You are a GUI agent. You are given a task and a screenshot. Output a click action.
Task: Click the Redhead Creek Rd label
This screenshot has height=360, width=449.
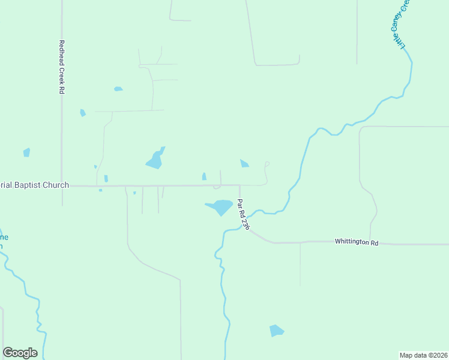click(x=61, y=67)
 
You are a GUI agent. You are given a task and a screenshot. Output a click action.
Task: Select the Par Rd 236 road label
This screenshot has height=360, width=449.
click(x=243, y=214)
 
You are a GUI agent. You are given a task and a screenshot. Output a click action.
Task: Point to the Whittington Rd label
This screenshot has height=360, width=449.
click(x=357, y=242)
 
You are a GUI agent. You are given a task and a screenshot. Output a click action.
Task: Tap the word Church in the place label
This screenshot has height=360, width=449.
click(x=55, y=185)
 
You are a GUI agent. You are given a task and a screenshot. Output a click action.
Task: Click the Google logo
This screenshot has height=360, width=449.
click(x=20, y=353)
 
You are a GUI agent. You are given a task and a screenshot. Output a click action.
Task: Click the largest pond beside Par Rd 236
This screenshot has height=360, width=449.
click(x=220, y=207)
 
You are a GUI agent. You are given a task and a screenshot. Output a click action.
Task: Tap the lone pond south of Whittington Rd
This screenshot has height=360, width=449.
click(x=276, y=331)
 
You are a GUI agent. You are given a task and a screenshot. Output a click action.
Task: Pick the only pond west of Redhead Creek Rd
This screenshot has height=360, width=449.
click(x=26, y=152)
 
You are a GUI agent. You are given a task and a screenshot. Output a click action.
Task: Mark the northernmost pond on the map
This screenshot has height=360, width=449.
click(x=118, y=89)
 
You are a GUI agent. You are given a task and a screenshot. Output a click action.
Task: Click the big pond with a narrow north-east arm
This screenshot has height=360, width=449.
click(x=155, y=159)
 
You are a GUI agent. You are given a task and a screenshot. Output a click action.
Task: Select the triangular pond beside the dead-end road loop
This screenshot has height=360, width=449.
click(x=244, y=163)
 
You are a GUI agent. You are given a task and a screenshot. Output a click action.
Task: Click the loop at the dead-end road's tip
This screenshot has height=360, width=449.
click(x=267, y=163)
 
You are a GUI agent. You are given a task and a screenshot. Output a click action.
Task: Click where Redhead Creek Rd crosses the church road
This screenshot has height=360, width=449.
click(x=62, y=186)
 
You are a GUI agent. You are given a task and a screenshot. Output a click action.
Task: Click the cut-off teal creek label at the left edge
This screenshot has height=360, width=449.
click(x=3, y=241)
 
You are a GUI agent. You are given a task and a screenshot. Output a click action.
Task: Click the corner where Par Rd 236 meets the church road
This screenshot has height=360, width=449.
click(x=240, y=185)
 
